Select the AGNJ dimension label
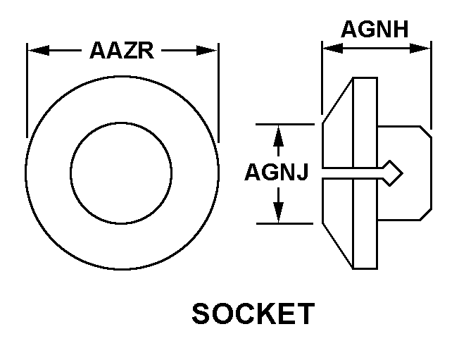[x=276, y=173]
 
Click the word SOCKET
[x=253, y=314]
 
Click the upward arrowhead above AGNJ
[x=279, y=134]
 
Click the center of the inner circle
[x=121, y=173]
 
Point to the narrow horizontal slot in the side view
[x=352, y=173]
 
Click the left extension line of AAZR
[x=27, y=92]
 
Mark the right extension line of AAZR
[x=218, y=92]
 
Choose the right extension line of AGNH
[x=430, y=85]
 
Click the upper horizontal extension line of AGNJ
[x=285, y=124]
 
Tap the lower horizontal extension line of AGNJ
[x=285, y=223]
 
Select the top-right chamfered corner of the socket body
[x=425, y=130]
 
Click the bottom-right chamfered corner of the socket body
[x=425, y=216]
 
